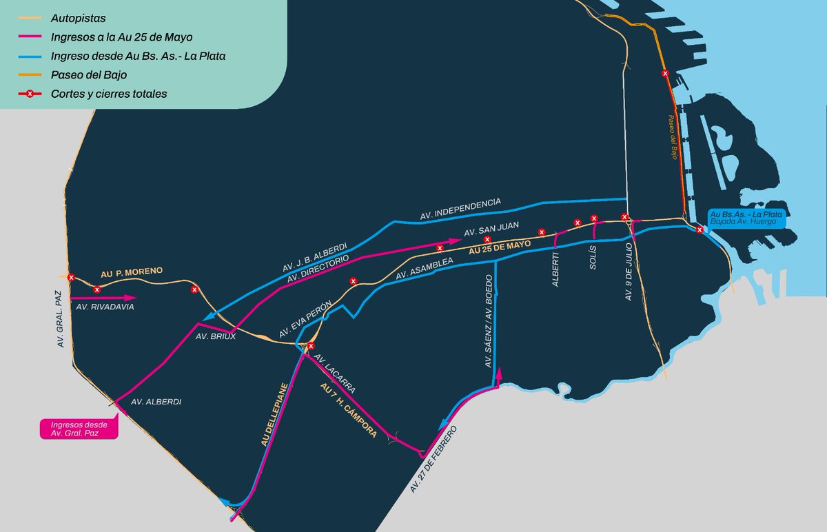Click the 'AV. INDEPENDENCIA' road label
click(x=460, y=209)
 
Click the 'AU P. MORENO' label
click(x=132, y=272)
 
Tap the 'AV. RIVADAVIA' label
click(x=105, y=307)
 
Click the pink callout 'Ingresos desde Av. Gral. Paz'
click(x=79, y=428)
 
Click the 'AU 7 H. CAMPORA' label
click(x=349, y=411)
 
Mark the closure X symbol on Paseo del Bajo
click(x=665, y=73)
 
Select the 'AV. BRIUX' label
click(x=212, y=337)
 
